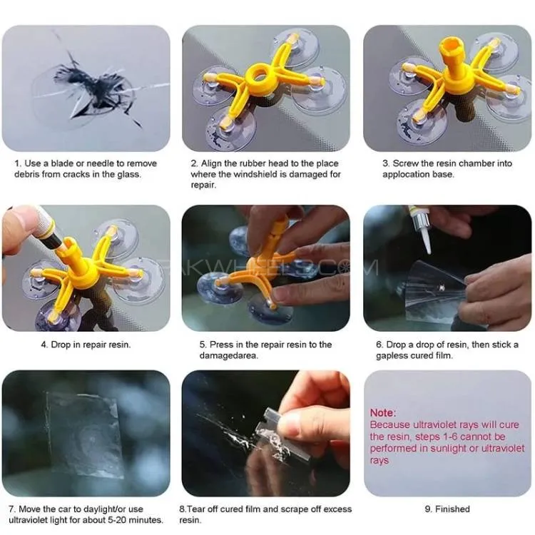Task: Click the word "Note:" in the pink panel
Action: pos(383,413)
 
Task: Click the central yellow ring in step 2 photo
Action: pos(259,74)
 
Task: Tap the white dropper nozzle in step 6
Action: pos(425,240)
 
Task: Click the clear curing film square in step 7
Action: pos(83,435)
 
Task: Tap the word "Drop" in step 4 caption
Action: pos(61,345)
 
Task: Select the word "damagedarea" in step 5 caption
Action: pos(228,356)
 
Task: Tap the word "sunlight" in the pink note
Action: pos(448,449)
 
